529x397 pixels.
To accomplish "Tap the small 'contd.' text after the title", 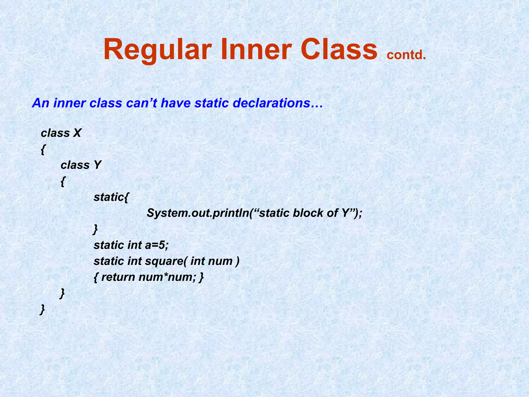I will click(x=406, y=55).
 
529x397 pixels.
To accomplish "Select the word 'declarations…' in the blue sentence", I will click(x=278, y=103).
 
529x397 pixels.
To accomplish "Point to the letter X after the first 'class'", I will click(x=77, y=133).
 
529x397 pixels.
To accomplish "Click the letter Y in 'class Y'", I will click(x=97, y=165).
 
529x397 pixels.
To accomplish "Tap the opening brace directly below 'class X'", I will click(x=43, y=150).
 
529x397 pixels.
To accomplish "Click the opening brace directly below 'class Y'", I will click(x=63, y=182).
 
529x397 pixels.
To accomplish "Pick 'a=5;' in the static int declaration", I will click(x=157, y=245).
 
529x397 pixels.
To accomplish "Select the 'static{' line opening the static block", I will click(x=111, y=197).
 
